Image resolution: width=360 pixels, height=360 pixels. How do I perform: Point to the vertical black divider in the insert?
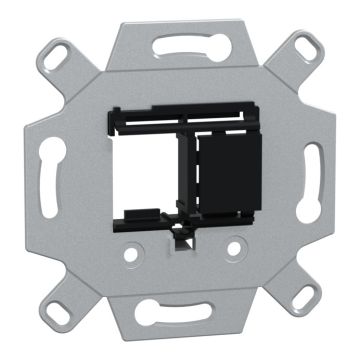(x=185, y=165)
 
